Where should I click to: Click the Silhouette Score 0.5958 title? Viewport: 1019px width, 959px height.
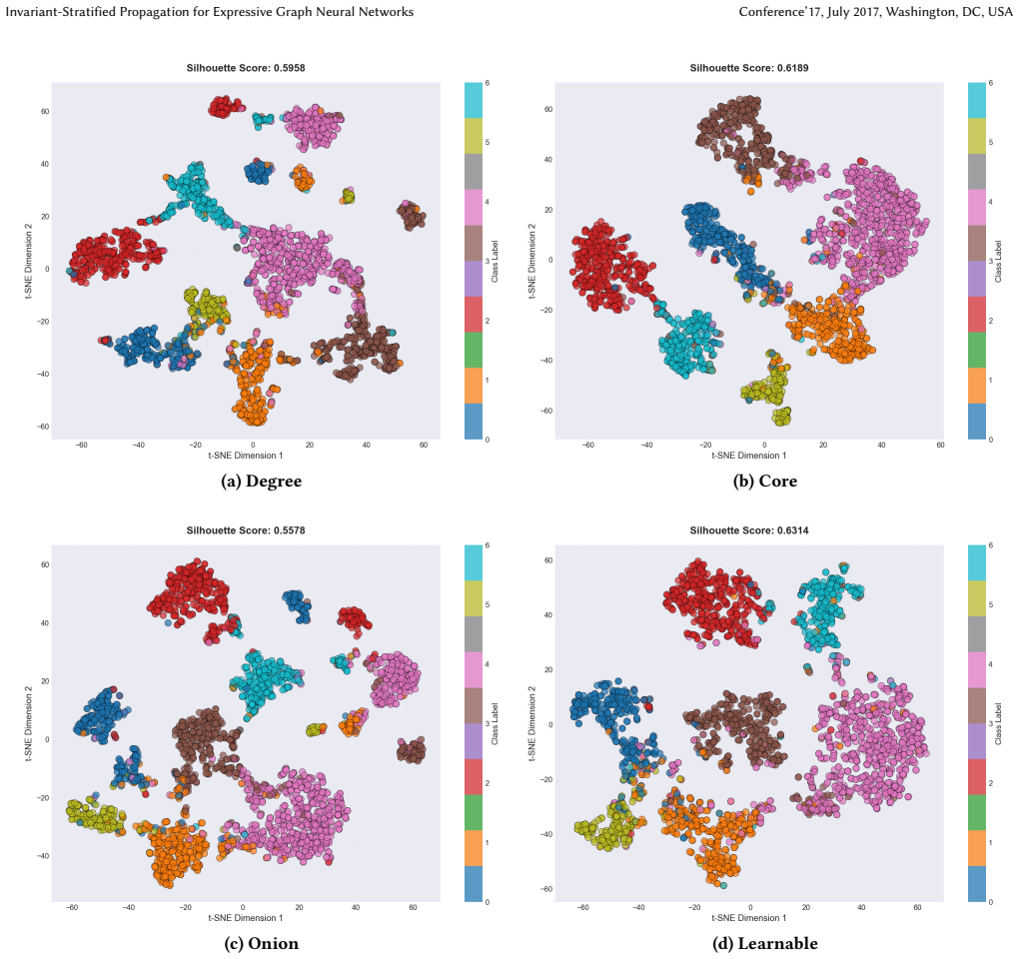coord(246,68)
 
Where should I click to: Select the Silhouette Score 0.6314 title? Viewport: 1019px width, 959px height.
coord(749,530)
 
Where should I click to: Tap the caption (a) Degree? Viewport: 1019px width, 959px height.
coord(262,481)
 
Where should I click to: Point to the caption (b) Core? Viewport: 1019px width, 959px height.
coord(765,481)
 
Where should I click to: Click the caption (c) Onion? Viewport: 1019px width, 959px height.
coord(262,943)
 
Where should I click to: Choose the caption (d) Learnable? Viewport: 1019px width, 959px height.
coord(765,943)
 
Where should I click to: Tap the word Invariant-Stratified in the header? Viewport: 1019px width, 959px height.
coord(60,12)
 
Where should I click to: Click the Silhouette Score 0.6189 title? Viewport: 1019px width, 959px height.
coord(749,68)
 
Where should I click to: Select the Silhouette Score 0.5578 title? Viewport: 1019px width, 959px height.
coord(246,530)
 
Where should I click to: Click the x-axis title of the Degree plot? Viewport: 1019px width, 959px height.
coord(246,456)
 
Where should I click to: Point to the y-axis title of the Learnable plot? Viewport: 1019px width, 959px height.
coord(532,724)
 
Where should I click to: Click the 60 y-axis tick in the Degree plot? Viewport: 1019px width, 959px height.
coord(45,111)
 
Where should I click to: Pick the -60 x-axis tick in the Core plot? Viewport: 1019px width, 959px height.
coord(587,446)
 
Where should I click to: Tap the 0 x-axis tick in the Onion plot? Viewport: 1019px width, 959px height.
coord(243,908)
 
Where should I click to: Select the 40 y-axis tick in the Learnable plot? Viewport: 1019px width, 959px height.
coord(548,615)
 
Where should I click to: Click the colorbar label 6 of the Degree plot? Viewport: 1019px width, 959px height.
coord(488,83)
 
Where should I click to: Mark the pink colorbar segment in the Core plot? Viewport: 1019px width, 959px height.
coord(976,207)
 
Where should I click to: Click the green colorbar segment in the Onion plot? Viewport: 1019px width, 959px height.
coord(474,812)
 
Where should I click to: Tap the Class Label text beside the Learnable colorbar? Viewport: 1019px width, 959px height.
coord(998,724)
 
